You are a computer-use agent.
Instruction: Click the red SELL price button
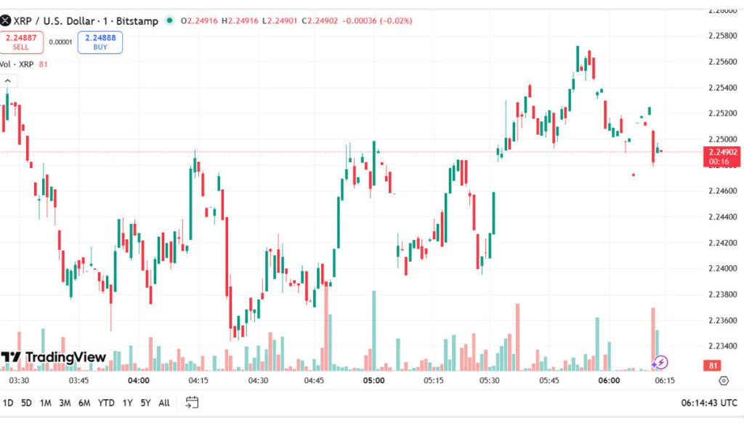21,42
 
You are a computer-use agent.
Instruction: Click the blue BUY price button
100,42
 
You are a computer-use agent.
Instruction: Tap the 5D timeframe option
26,402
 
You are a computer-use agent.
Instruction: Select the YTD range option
106,402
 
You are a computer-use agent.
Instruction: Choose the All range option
164,402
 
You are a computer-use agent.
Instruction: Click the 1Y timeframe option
128,402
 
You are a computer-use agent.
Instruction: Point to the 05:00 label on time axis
373,380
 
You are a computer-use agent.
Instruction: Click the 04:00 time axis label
138,380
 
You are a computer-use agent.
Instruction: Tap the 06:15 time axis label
664,380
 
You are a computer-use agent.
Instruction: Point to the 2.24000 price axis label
722,268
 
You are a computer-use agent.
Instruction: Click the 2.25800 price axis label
722,36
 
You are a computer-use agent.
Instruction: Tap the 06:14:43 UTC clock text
708,402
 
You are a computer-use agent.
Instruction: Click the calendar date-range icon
192,402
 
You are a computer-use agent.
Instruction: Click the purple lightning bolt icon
659,362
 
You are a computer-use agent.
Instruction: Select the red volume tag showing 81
713,365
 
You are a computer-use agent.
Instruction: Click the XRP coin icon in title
6,21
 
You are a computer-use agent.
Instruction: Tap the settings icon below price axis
723,380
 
